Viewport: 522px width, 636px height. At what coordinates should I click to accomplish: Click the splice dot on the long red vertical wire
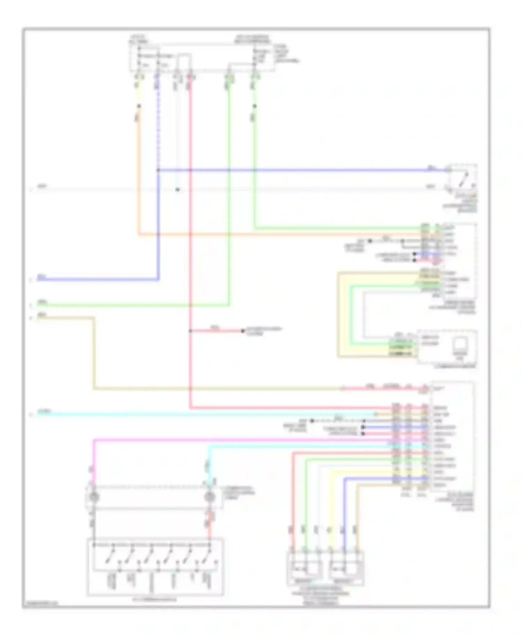click(190, 331)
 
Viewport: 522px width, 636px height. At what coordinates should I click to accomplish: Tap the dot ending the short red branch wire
click(243, 331)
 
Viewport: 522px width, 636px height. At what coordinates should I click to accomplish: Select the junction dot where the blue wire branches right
click(158, 170)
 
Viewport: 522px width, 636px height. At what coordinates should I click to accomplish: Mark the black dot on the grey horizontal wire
click(177, 190)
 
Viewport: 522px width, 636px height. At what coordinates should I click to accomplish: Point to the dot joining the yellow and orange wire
click(139, 106)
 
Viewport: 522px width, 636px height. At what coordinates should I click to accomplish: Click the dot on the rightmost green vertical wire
click(255, 106)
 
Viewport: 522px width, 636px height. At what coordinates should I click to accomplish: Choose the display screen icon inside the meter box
click(460, 344)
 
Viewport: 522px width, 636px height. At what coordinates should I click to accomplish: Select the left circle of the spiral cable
click(94, 496)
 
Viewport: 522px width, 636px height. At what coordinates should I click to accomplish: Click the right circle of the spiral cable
click(209, 496)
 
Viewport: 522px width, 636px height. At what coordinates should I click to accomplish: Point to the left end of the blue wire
click(38, 279)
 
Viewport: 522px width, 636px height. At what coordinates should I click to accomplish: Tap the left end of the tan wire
click(38, 318)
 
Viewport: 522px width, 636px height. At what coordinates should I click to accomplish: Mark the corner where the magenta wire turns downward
click(94, 440)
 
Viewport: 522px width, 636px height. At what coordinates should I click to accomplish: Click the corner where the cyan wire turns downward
click(209, 446)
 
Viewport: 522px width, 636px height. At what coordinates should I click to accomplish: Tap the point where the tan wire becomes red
click(343, 388)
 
